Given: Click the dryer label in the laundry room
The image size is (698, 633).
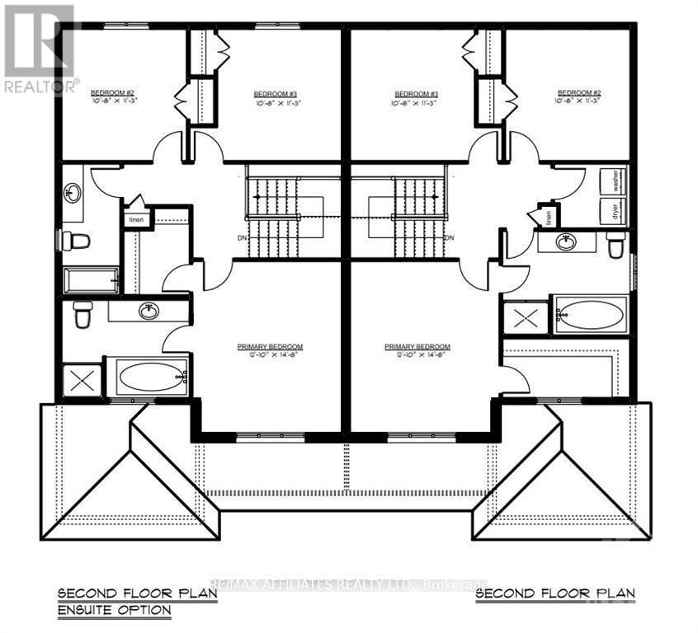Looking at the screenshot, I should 614,209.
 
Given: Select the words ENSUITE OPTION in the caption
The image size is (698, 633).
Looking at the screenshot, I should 114,611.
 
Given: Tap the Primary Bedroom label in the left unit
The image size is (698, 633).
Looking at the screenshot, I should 270,347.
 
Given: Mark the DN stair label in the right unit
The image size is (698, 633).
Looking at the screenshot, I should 449,238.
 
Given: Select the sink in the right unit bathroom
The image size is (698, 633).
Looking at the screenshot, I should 567,241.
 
